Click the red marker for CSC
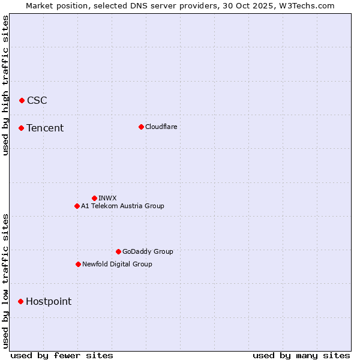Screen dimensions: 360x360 (22, 100)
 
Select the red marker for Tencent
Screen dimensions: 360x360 (21, 128)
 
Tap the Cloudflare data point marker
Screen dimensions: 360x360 (141, 127)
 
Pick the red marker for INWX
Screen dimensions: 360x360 (94, 198)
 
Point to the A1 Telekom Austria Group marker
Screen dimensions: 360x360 (77, 206)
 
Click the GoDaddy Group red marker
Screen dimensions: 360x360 (118, 251)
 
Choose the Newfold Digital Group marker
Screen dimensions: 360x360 (78, 264)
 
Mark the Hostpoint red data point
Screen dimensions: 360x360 (20, 301)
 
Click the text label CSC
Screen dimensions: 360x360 (37, 100)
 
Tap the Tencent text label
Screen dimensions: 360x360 (45, 128)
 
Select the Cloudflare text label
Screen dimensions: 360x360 (161, 127)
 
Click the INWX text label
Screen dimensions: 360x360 (107, 198)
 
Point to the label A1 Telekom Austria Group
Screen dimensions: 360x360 (122, 206)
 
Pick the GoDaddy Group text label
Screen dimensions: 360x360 (148, 251)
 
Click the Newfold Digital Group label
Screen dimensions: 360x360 (117, 264)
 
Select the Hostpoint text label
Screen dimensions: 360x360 (49, 301)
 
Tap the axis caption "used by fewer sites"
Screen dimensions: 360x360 (62, 355)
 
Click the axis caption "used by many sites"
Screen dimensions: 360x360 (301, 355)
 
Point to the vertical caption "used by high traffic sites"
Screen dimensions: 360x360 (5, 85)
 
